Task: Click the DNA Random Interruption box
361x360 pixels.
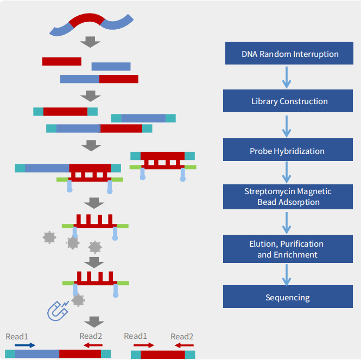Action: pos(290,54)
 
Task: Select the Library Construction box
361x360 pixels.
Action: pos(290,101)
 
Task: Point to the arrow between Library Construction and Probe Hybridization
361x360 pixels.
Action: pos(287,126)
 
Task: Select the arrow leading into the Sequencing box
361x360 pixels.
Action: pos(287,274)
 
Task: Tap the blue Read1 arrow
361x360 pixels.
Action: pos(25,345)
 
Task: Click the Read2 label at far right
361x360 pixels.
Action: pos(182,336)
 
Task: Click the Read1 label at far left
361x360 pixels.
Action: pos(17,336)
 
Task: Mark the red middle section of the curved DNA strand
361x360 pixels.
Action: pos(86,21)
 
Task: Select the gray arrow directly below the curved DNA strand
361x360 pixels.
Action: pos(90,42)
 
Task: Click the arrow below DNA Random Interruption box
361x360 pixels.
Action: pos(287,78)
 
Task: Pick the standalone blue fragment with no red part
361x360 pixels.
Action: pos(111,66)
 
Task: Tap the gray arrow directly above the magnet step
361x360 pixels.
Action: pos(96,262)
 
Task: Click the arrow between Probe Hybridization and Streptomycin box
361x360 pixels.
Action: pos(287,173)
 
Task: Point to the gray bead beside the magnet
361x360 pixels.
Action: pos(78,300)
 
